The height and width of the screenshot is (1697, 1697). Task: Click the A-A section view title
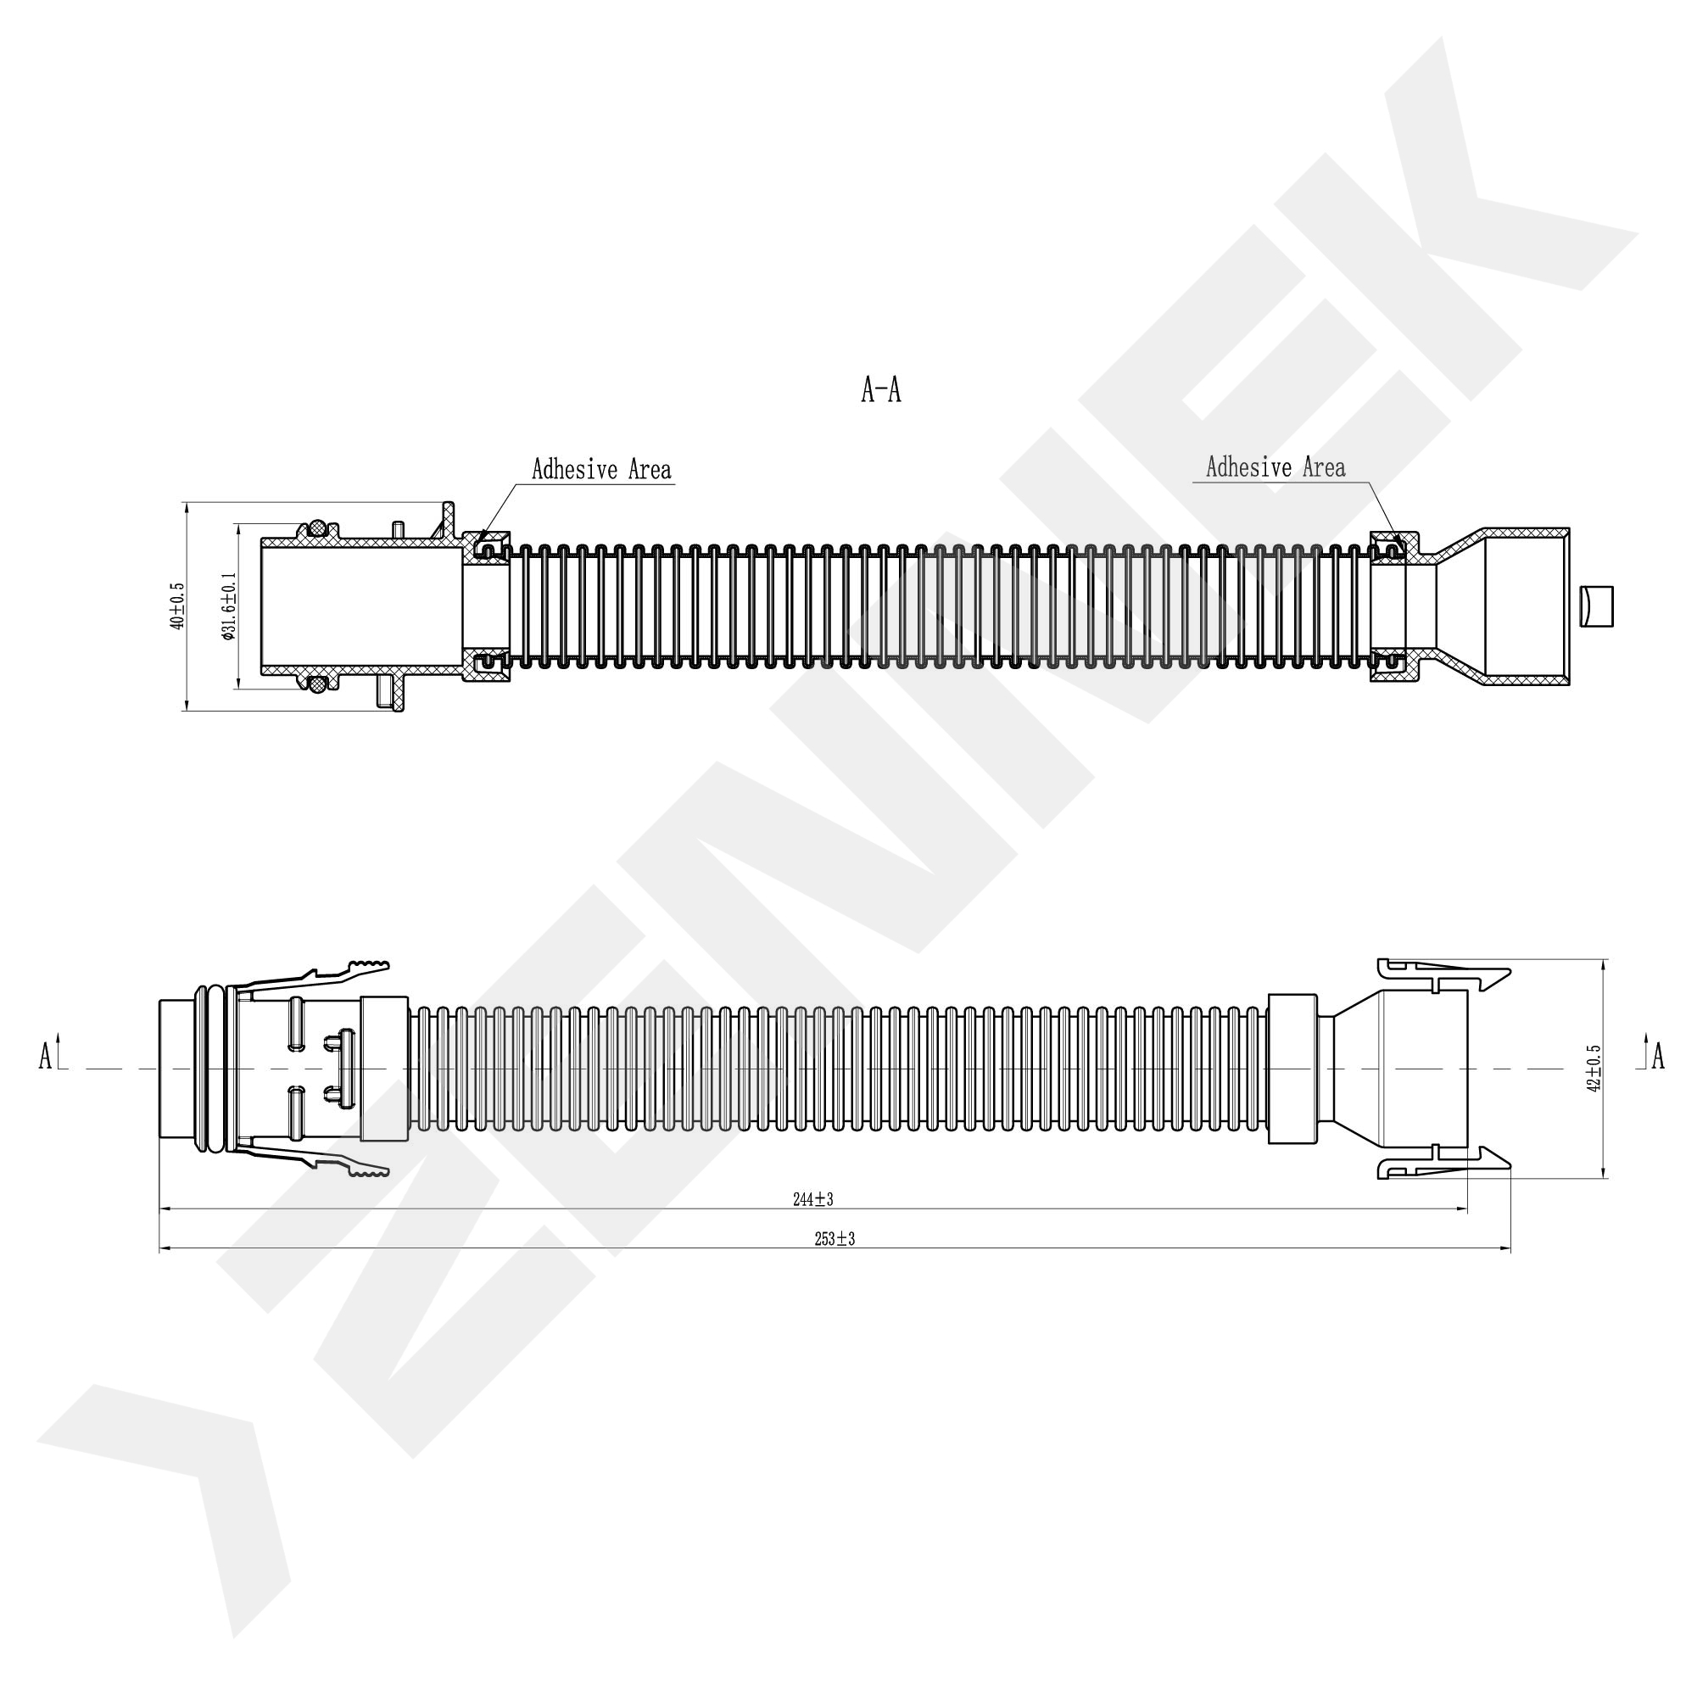(x=881, y=389)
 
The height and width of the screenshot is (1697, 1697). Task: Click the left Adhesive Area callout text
(x=601, y=470)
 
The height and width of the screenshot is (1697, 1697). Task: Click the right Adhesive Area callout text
(x=1276, y=467)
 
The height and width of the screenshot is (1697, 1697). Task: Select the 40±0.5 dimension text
(x=178, y=606)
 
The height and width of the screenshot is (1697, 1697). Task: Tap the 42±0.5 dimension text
(x=1594, y=1068)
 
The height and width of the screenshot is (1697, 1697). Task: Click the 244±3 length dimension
(x=812, y=1199)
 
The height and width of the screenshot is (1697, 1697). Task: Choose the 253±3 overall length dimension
(x=835, y=1239)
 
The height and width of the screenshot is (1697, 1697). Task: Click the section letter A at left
(x=46, y=1057)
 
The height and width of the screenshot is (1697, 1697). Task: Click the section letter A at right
(x=1657, y=1057)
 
